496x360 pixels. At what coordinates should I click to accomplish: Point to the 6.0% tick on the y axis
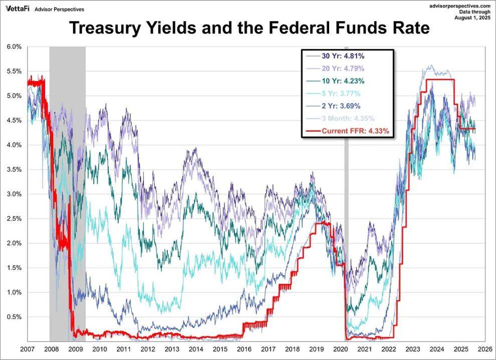click(x=14, y=47)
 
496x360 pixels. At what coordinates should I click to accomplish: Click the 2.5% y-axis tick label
click(x=14, y=219)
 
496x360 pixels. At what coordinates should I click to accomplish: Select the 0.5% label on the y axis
click(x=14, y=317)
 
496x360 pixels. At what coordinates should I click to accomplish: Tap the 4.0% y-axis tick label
click(x=14, y=145)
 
